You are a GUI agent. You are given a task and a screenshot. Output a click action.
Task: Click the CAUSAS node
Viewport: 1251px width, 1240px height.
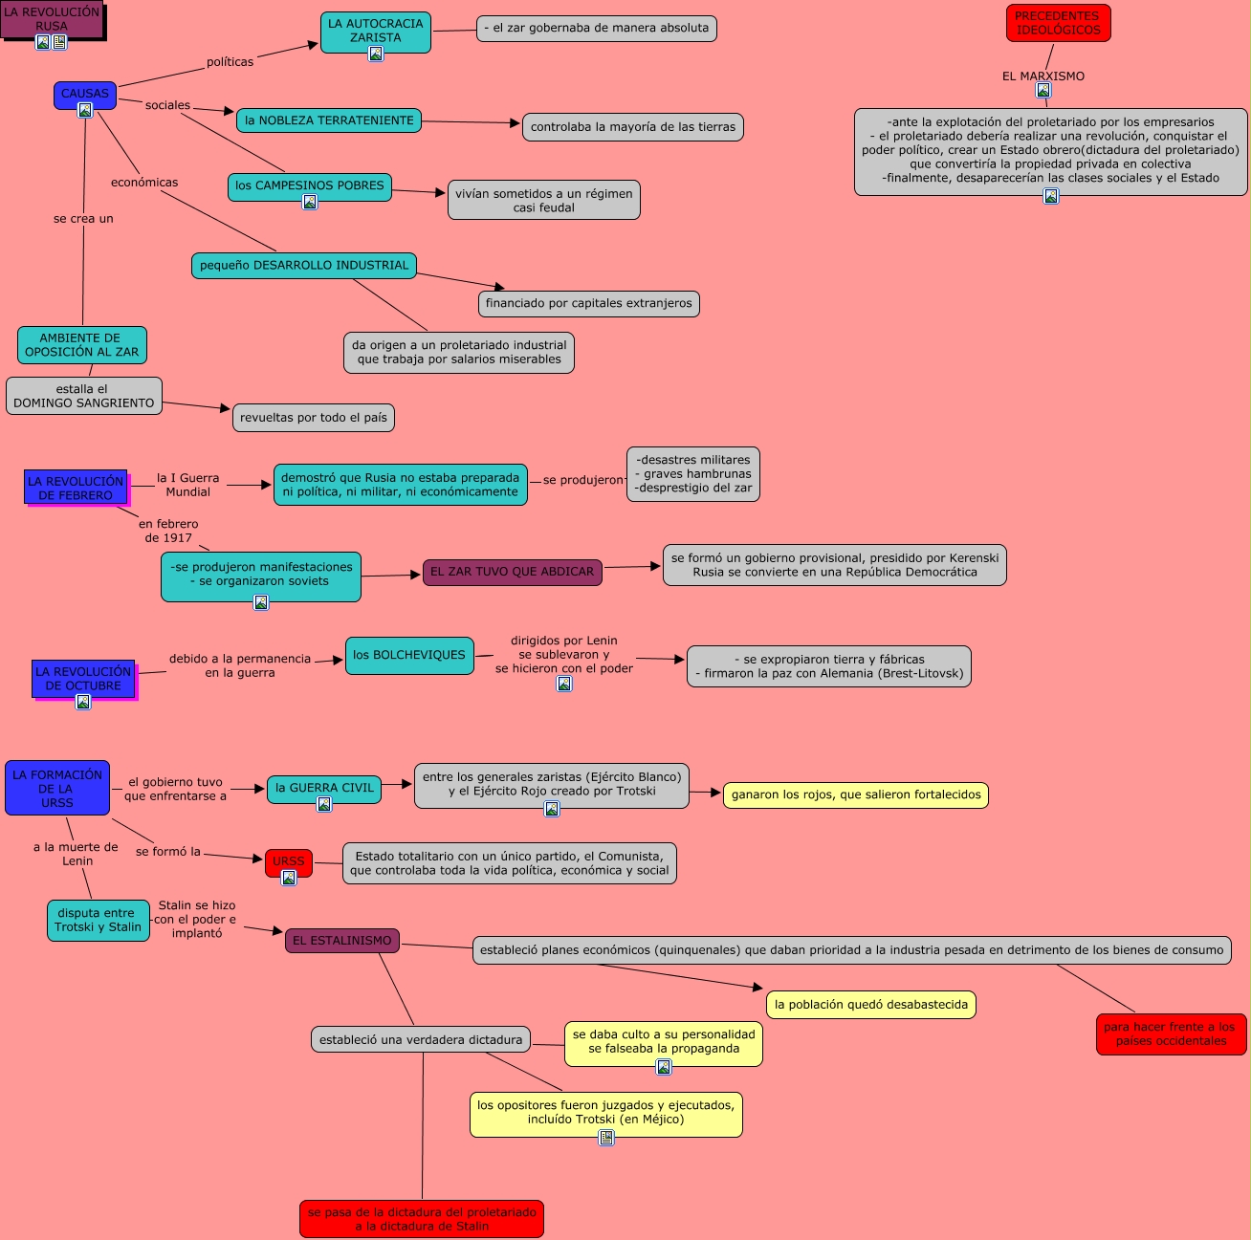coord(85,94)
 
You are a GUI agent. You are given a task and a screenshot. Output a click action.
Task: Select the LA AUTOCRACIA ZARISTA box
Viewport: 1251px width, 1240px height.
coord(375,31)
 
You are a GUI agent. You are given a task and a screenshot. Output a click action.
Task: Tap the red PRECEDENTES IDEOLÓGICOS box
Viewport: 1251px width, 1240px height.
coord(1058,23)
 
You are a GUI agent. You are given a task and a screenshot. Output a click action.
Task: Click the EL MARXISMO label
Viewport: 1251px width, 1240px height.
coord(1042,76)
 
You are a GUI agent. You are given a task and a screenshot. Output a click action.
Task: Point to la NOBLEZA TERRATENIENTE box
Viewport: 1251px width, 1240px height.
coord(329,120)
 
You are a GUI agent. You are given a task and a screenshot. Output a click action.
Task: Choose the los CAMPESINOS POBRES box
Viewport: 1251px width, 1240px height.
coord(309,185)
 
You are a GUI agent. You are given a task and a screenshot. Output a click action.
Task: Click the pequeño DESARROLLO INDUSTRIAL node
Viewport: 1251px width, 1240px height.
coord(304,266)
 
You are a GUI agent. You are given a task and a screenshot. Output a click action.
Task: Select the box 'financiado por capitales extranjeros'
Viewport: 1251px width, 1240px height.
coord(588,304)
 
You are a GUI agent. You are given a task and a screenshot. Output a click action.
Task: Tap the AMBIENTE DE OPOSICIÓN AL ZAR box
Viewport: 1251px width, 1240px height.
coord(82,345)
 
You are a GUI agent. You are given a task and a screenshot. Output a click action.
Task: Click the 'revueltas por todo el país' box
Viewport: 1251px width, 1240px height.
coord(314,418)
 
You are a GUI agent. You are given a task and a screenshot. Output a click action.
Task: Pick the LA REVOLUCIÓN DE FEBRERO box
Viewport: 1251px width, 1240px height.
coord(76,488)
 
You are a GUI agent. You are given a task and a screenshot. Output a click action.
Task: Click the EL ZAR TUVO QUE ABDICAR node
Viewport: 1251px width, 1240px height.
coord(512,572)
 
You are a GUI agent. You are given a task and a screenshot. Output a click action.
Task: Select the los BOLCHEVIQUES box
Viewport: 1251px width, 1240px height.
coord(409,655)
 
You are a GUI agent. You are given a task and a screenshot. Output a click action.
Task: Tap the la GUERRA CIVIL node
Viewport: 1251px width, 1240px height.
coord(324,788)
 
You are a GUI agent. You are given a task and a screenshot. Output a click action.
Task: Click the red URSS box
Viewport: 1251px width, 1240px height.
coord(288,860)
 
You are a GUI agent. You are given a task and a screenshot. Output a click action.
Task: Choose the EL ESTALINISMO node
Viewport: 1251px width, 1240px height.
coord(341,941)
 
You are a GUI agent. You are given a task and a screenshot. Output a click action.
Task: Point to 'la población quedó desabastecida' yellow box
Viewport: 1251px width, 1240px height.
coord(870,1005)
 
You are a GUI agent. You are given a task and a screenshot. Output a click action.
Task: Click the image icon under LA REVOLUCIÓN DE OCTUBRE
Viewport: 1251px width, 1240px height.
coord(83,702)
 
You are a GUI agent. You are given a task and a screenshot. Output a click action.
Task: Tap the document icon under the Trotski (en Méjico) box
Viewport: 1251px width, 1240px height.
coord(606,1137)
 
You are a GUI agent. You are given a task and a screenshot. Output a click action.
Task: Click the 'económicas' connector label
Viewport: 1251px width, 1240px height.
coord(144,183)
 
